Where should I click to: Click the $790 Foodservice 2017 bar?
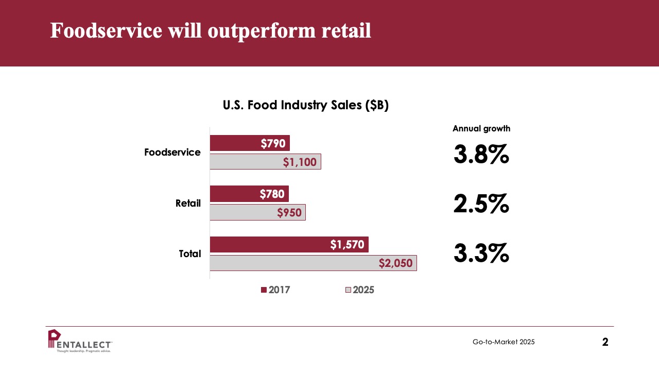tap(250, 143)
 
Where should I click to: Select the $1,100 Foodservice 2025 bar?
tap(265, 162)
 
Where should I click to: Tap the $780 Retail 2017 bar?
tap(249, 194)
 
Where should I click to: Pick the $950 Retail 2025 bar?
tap(258, 212)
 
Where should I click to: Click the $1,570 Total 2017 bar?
tap(289, 244)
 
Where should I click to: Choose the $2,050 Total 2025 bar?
tap(314, 263)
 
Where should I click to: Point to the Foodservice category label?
tap(172, 152)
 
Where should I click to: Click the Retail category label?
tap(188, 203)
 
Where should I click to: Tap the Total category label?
tap(190, 254)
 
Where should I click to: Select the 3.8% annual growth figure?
tap(481, 154)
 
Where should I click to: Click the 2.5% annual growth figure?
tap(481, 204)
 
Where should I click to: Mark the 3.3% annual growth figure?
tap(481, 253)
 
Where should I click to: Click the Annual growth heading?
tap(481, 129)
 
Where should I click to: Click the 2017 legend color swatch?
tap(264, 290)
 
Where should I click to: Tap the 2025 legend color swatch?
tap(348, 290)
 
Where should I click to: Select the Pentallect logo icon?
tap(55, 339)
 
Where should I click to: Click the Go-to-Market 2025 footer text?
tap(504, 342)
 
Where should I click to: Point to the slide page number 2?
tap(605, 342)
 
